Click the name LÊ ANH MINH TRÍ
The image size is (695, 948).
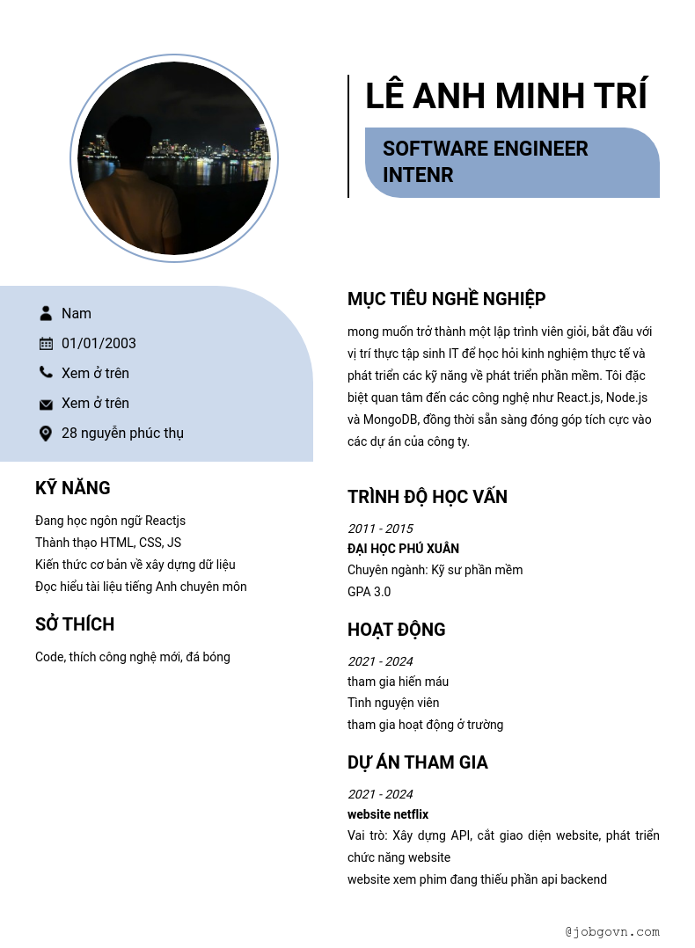(506, 96)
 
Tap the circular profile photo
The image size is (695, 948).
(174, 158)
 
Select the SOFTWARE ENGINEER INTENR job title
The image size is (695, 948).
(486, 162)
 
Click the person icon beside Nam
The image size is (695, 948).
(46, 313)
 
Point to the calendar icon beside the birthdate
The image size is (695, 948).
(46, 343)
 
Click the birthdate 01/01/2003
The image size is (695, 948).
(99, 343)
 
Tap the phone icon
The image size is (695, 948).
(46, 373)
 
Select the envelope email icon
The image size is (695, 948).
(46, 404)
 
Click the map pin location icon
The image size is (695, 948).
(46, 434)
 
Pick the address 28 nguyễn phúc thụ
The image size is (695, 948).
(122, 434)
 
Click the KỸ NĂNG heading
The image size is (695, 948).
(73, 488)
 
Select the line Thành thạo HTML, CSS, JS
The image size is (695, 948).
(108, 543)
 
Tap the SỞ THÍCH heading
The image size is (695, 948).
(75, 624)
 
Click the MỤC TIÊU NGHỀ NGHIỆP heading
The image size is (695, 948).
(447, 299)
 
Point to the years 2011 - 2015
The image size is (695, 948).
(380, 529)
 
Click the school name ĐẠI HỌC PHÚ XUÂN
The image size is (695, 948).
(403, 549)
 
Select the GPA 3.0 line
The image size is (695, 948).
(369, 592)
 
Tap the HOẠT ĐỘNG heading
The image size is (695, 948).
(397, 630)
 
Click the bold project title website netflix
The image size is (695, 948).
(388, 814)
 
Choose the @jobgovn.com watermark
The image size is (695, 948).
(612, 931)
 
